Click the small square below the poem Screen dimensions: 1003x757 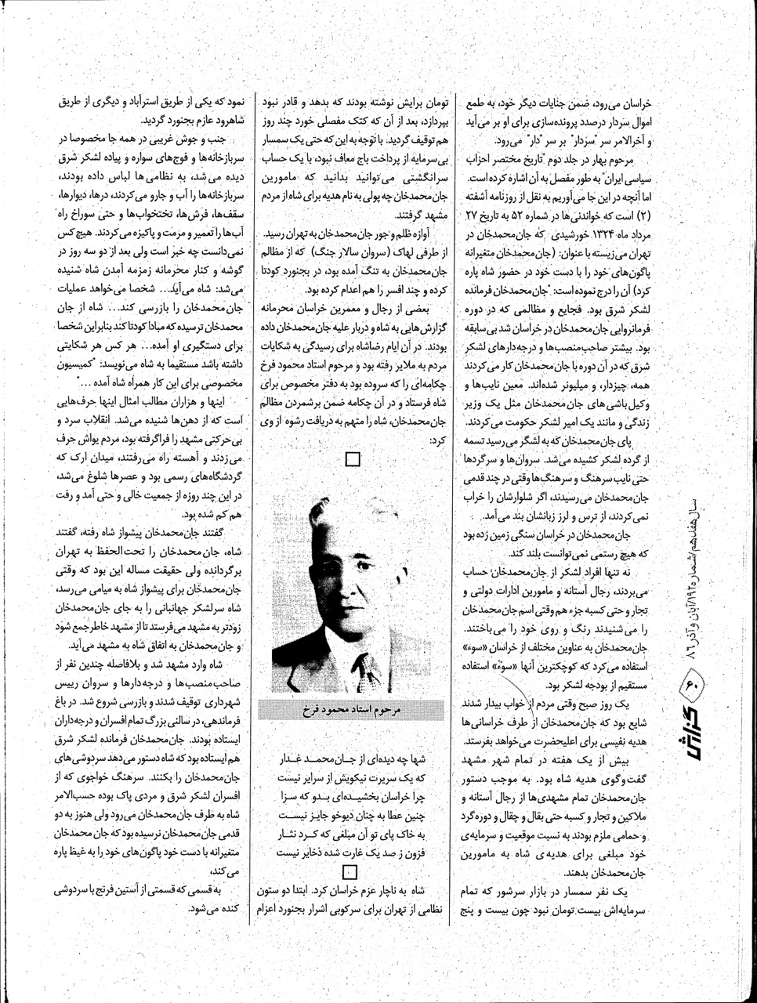click(350, 871)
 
